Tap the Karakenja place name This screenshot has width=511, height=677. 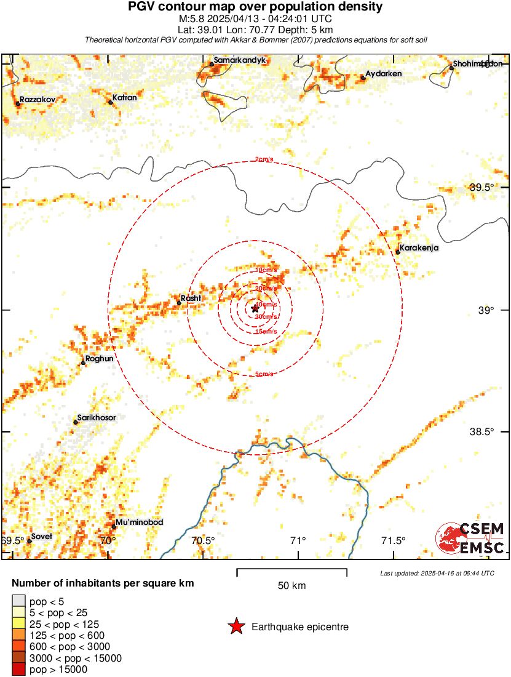pyautogui.click(x=418, y=248)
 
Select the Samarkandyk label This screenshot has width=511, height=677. pyautogui.click(x=239, y=62)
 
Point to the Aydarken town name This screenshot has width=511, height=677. pyautogui.click(x=383, y=74)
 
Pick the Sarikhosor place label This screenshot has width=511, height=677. pyautogui.click(x=96, y=417)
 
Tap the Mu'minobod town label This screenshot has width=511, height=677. pyautogui.click(x=140, y=523)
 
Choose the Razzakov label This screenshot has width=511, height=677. pyautogui.click(x=38, y=98)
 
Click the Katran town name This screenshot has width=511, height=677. pyautogui.click(x=124, y=97)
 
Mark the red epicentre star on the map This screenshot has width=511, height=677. pyautogui.click(x=255, y=308)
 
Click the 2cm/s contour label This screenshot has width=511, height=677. pyautogui.click(x=264, y=160)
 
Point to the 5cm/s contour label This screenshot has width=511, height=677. pyautogui.click(x=264, y=374)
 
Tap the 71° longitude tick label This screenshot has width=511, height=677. pyautogui.click(x=298, y=541)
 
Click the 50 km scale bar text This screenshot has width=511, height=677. pyautogui.click(x=291, y=585)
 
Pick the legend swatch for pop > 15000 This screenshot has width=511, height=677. pyautogui.click(x=19, y=670)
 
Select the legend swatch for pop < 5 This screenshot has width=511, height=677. pyautogui.click(x=19, y=601)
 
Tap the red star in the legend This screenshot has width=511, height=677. pyautogui.click(x=236, y=627)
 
